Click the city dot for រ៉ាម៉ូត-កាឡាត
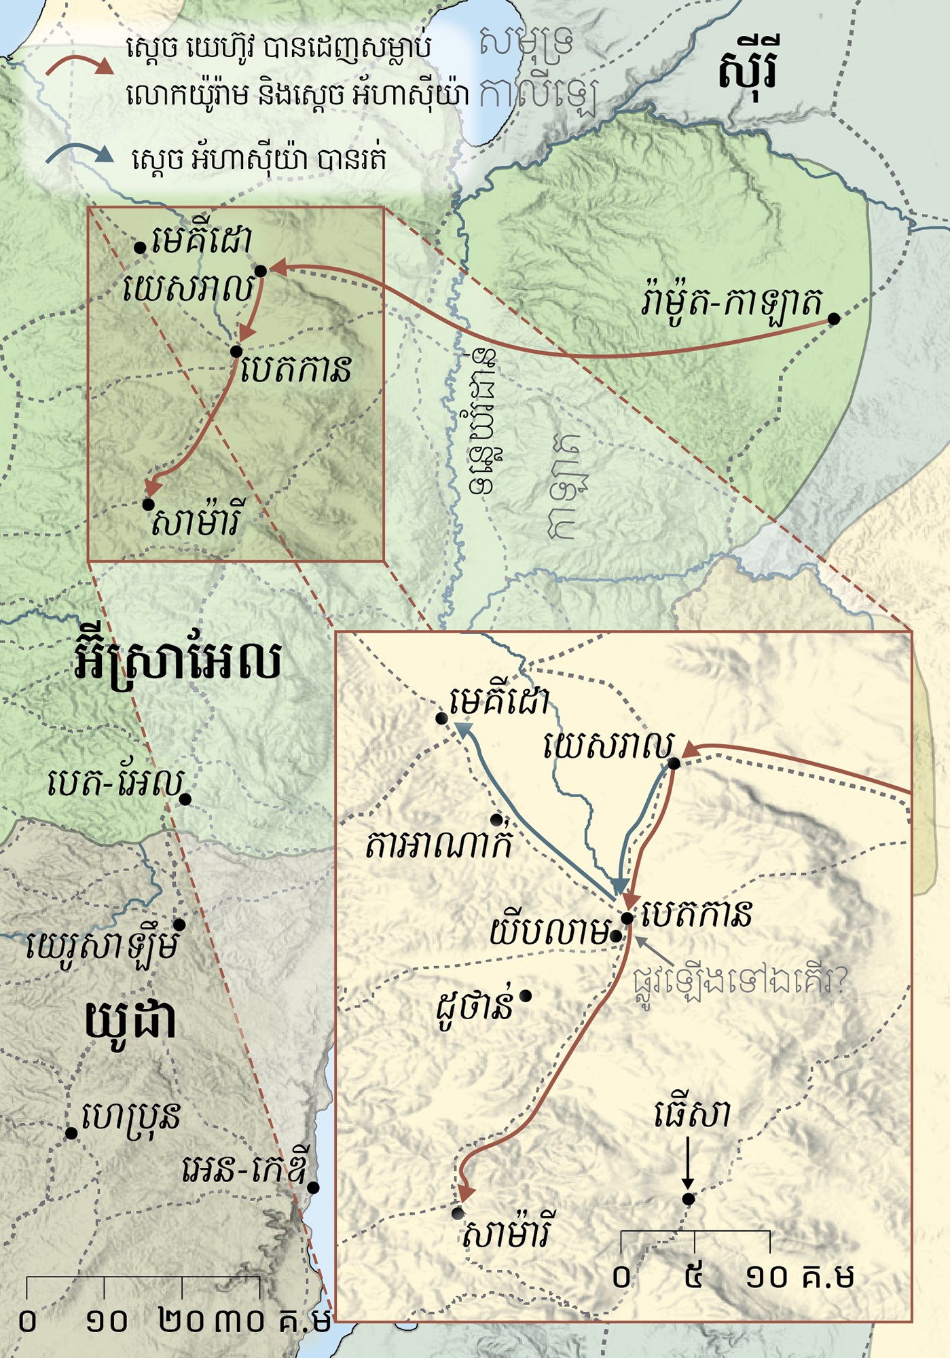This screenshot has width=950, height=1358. pos(834,318)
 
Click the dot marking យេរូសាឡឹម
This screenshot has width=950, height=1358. pos(179,925)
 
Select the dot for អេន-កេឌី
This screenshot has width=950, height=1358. pos(313,1188)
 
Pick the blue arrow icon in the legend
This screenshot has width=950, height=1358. pos(79,155)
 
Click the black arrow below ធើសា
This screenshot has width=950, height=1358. pos(688,1163)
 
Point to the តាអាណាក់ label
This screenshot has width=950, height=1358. pos(439,845)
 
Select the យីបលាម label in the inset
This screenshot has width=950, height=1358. pos(549,932)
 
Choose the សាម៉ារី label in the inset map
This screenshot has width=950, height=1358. pos(507,1232)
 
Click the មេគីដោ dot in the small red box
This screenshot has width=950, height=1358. pos(140,248)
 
